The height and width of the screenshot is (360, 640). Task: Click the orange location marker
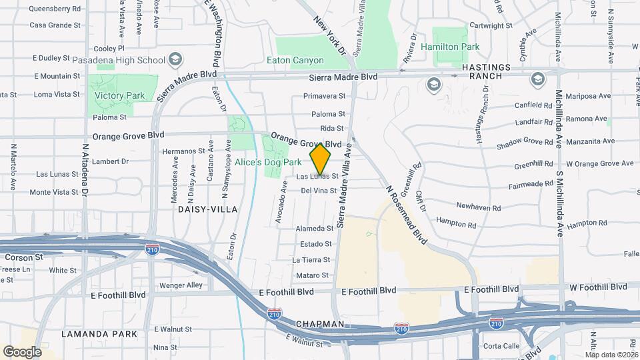point(321,159)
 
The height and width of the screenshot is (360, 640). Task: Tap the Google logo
point(22,351)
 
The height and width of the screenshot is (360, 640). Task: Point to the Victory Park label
point(119,95)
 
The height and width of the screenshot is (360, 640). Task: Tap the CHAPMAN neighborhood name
point(321,324)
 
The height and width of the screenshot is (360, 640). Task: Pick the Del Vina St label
point(319,191)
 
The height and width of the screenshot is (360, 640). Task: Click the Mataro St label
point(312,275)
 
